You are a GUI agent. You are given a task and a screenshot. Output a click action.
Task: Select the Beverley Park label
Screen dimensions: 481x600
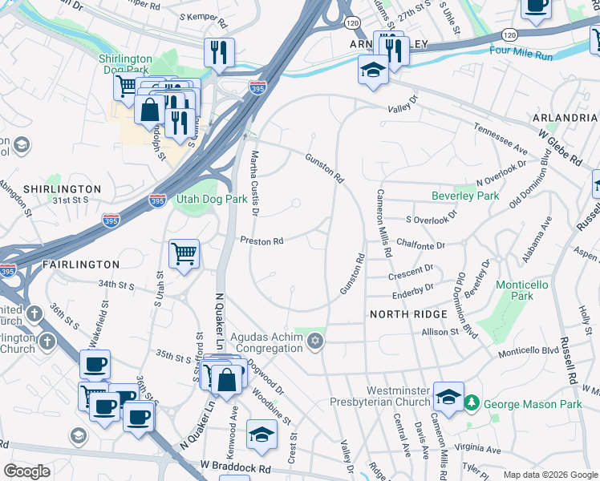pos(465,196)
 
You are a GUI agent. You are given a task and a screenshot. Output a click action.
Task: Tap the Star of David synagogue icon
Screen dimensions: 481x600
pos(315,342)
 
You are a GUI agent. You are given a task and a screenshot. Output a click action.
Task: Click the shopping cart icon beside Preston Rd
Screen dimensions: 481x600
pos(184,254)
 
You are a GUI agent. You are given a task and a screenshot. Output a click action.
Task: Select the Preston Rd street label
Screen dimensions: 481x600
pos(262,240)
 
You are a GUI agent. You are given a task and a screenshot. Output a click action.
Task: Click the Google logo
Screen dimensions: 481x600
pos(26,471)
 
